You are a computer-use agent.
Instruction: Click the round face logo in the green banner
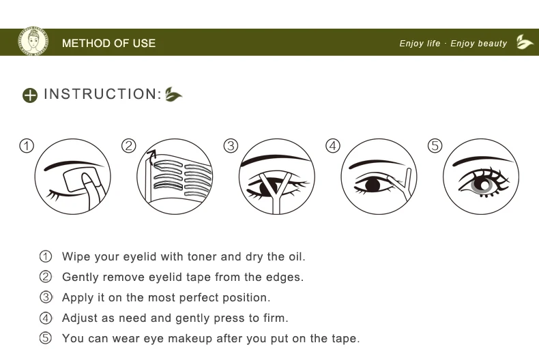[x=33, y=42]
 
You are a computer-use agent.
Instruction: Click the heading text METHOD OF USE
[x=108, y=43]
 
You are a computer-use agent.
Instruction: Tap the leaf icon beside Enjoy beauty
[x=524, y=42]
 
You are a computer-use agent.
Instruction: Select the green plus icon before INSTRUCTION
[x=30, y=95]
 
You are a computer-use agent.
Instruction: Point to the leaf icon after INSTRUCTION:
[x=173, y=95]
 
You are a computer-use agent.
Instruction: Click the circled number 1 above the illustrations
[x=27, y=146]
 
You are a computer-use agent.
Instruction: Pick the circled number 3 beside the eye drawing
[x=231, y=146]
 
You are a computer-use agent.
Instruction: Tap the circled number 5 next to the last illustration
[x=435, y=146]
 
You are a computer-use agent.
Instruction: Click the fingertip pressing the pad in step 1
[x=88, y=181]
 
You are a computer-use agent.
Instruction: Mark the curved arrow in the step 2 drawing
[x=151, y=157]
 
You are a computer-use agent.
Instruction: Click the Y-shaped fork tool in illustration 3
[x=275, y=192]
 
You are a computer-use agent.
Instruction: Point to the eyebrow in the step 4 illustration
[x=377, y=163]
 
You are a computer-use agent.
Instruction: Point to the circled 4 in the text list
[x=46, y=318]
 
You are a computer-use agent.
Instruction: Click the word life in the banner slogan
[x=433, y=43]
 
